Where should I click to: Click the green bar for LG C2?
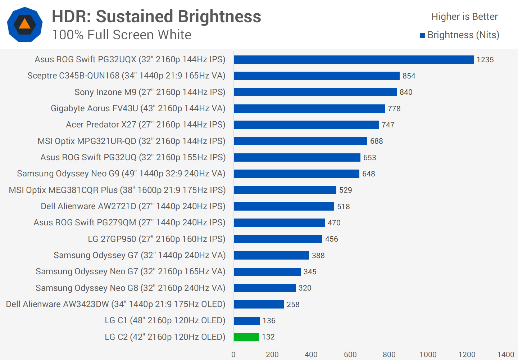tap(246, 337)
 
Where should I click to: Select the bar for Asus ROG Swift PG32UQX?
tap(354, 59)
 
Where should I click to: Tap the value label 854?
tap(409, 76)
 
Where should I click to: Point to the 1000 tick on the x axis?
tap(428, 355)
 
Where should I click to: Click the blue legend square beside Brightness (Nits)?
tap(422, 35)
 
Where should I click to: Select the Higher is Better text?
tap(464, 17)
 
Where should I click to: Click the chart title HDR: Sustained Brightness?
tap(156, 17)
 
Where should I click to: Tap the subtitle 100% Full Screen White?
tap(122, 35)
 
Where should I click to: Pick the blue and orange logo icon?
tap(25, 24)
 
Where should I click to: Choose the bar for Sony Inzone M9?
tap(315, 92)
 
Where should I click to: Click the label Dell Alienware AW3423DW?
tap(115, 304)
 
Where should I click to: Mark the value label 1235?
tap(485, 60)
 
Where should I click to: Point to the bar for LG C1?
tap(247, 320)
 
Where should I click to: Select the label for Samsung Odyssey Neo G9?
tap(121, 174)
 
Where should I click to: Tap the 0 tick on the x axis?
tap(233, 355)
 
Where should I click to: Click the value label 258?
tap(293, 305)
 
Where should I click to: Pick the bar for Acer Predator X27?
tap(306, 125)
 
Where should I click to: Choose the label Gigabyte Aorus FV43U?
tap(138, 108)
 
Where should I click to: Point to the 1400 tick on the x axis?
tap(505, 355)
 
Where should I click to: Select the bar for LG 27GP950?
tap(278, 239)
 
